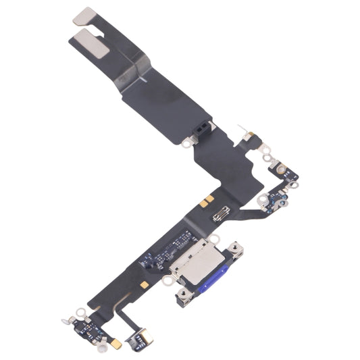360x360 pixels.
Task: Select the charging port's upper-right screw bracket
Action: click(x=237, y=249)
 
